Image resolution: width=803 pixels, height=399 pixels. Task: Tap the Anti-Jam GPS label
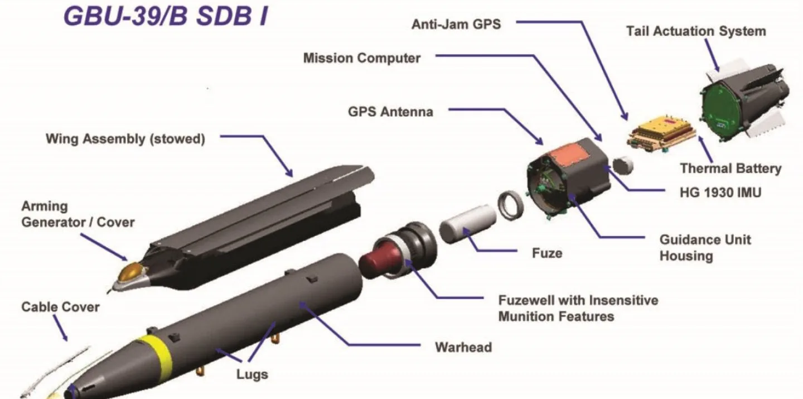point(456,25)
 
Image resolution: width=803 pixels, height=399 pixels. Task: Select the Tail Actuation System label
point(695,31)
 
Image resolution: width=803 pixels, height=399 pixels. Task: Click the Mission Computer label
point(362,58)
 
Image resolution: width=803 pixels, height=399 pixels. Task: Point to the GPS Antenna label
point(390,112)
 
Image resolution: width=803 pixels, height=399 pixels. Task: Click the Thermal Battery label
point(731,169)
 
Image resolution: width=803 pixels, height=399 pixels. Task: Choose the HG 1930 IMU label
point(716,193)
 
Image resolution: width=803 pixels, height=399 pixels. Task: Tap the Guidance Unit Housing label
point(705,248)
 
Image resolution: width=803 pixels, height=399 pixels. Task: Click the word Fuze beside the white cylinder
point(546,253)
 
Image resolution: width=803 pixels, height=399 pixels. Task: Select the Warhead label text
point(463,347)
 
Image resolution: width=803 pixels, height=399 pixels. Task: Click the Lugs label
point(252,374)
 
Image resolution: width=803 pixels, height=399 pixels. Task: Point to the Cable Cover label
point(60,307)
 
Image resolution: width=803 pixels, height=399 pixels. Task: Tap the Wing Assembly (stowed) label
point(125,139)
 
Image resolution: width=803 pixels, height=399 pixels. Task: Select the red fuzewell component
point(381,256)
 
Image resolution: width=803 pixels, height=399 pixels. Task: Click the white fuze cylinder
point(467,223)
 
